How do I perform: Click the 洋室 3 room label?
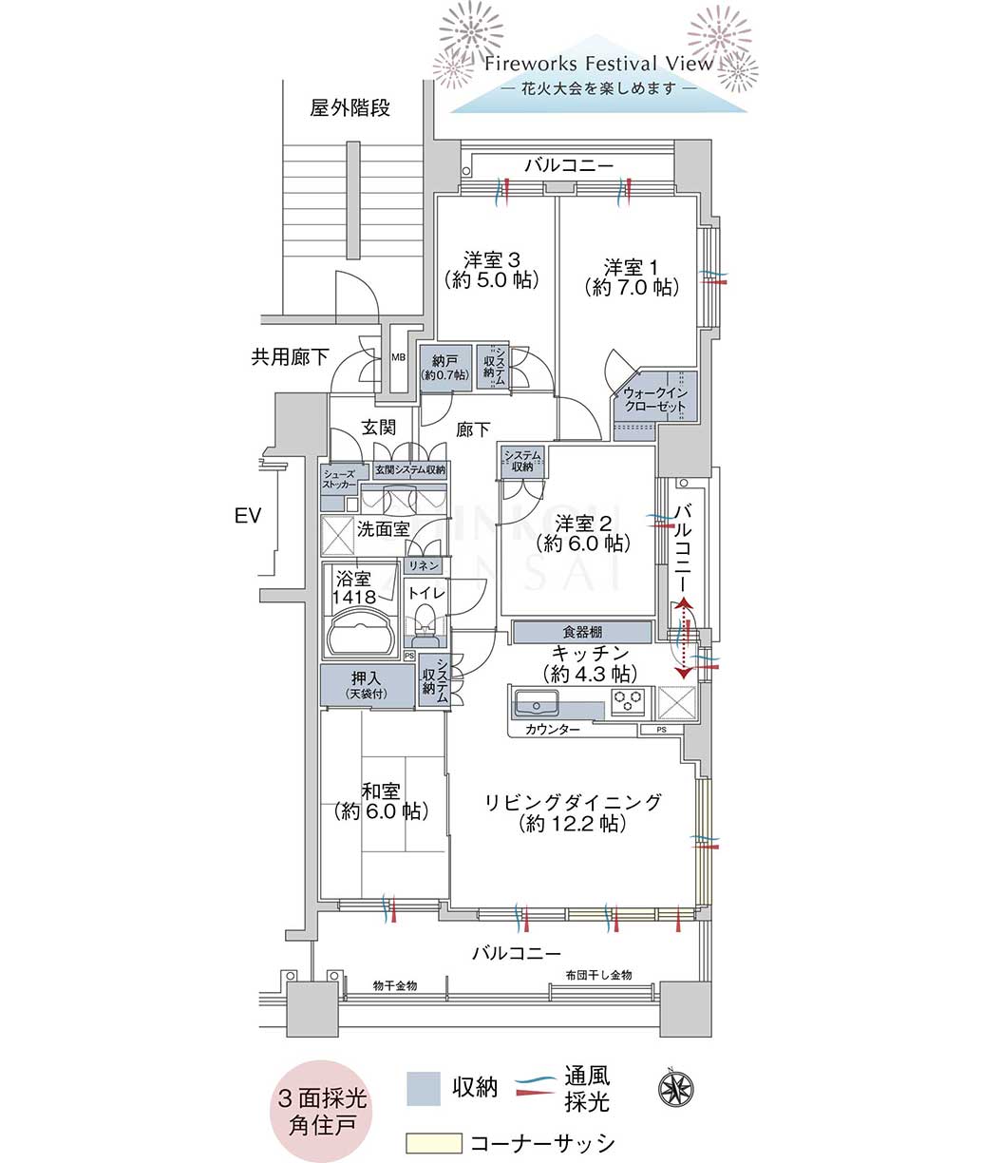pyautogui.click(x=492, y=260)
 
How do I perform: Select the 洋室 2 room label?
pyautogui.click(x=583, y=524)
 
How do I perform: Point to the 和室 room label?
pyautogui.click(x=381, y=791)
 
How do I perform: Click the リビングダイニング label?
pyautogui.click(x=573, y=802)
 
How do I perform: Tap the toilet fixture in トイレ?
pyautogui.click(x=425, y=622)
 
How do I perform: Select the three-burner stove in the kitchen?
pyautogui.click(x=628, y=700)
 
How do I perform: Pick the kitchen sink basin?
pyautogui.click(x=537, y=702)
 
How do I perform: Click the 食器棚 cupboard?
pyautogui.click(x=582, y=632)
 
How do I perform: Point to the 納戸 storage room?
pyautogui.click(x=444, y=367)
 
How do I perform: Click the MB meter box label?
pyautogui.click(x=398, y=357)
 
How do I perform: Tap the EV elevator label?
pyautogui.click(x=248, y=515)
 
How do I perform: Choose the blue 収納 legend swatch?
pyautogui.click(x=424, y=1088)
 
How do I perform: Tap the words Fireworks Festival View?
pyautogui.click(x=598, y=63)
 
